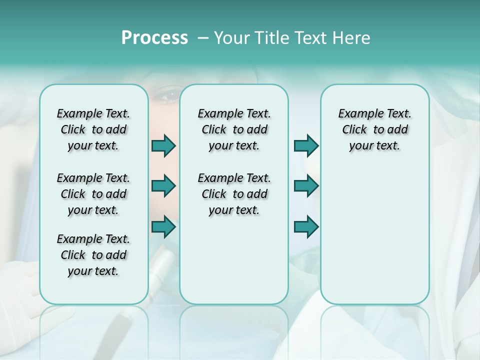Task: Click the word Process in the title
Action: [x=154, y=38]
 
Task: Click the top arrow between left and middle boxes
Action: [x=163, y=145]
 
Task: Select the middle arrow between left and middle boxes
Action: [x=163, y=186]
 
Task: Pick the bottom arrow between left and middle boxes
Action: [x=163, y=227]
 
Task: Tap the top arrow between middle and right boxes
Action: [x=306, y=145]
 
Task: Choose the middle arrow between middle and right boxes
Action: [x=306, y=186]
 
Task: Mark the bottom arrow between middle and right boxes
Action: [x=306, y=227]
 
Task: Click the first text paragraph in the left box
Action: [x=93, y=129]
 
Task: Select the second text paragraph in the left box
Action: [x=93, y=194]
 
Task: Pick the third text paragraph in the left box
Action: [x=93, y=255]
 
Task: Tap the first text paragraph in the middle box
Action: [x=234, y=129]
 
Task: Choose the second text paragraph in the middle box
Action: [x=234, y=194]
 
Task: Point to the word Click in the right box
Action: [x=354, y=130]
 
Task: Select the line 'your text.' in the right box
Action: [x=374, y=146]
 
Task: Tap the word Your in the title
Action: [x=231, y=38]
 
